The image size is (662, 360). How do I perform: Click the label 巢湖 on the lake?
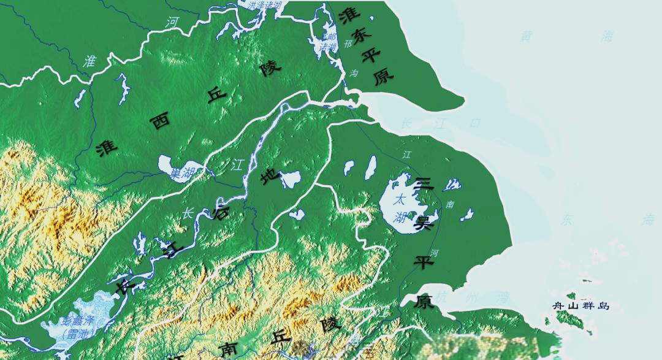(x=182, y=174)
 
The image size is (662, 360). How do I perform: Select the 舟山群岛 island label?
(x=580, y=305)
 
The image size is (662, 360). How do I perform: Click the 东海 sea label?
(x=606, y=220)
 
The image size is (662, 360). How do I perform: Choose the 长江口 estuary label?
(x=441, y=123)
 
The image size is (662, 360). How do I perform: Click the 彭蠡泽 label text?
(x=78, y=321)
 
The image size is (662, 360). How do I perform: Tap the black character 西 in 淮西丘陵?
(x=161, y=121)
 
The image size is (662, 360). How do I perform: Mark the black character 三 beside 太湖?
(x=424, y=183)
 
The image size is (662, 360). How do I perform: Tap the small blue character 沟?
(x=354, y=73)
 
